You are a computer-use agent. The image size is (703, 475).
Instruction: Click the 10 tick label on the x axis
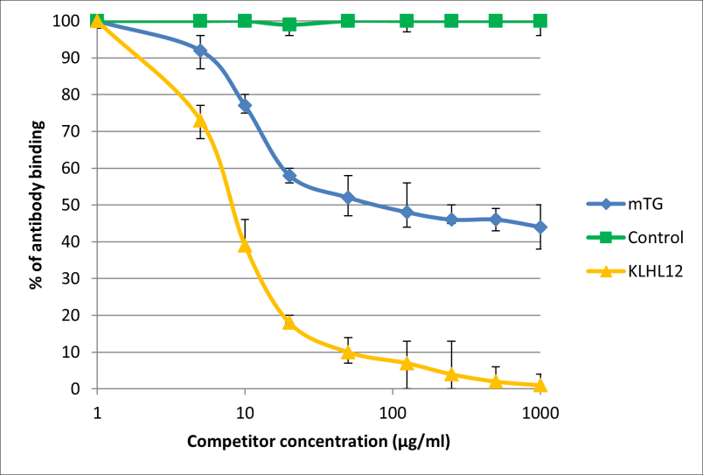pos(245,410)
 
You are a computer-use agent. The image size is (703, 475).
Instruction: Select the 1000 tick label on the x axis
pos(539,410)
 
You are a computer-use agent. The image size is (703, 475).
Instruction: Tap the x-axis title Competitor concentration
pos(318,442)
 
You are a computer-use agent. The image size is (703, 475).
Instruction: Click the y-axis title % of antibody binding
pos(36,205)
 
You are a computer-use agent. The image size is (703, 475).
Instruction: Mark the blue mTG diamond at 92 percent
pos(200,50)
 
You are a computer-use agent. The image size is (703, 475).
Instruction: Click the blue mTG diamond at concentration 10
pos(245,105)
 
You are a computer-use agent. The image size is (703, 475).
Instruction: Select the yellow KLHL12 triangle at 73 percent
pos(200,120)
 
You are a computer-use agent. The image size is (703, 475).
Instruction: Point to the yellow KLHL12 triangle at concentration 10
pos(245,246)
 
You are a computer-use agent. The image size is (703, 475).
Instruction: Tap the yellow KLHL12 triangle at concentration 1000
pos(540,385)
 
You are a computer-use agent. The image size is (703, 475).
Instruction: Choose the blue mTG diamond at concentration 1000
pos(540,227)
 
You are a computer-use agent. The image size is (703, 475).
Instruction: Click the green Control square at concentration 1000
pos(540,21)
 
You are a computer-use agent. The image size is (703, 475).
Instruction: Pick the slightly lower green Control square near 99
pos(289,24)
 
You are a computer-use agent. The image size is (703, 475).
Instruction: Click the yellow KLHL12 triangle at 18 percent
pos(289,323)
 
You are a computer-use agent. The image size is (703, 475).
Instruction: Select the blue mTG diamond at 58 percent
pos(289,175)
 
